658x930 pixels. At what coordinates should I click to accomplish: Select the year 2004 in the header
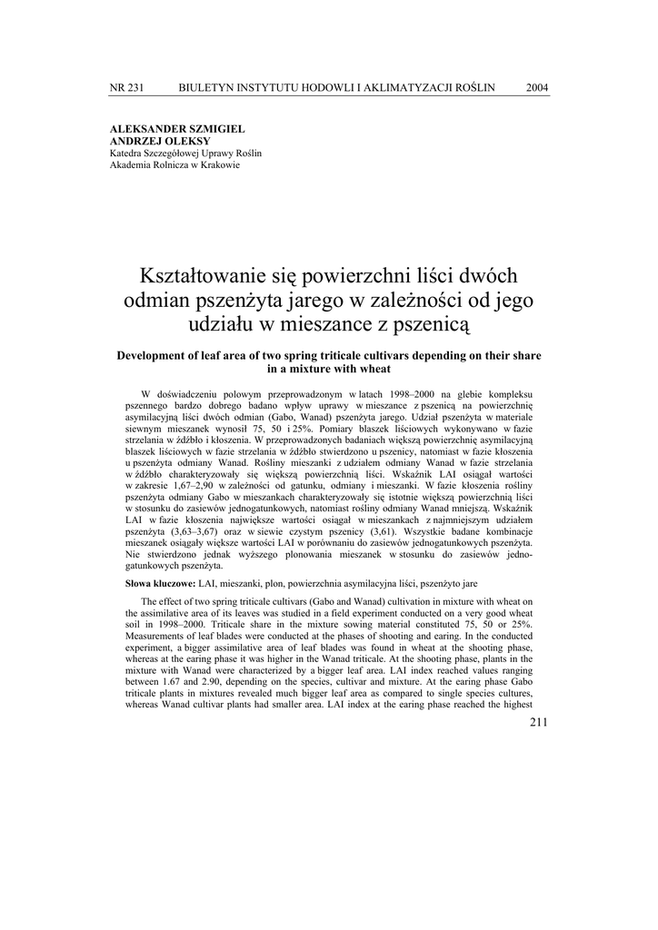[537, 87]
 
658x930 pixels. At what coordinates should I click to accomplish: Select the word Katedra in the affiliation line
[125, 153]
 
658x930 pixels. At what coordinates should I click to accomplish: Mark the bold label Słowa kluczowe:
[160, 580]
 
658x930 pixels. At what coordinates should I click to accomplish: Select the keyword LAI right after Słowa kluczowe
[209, 580]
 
